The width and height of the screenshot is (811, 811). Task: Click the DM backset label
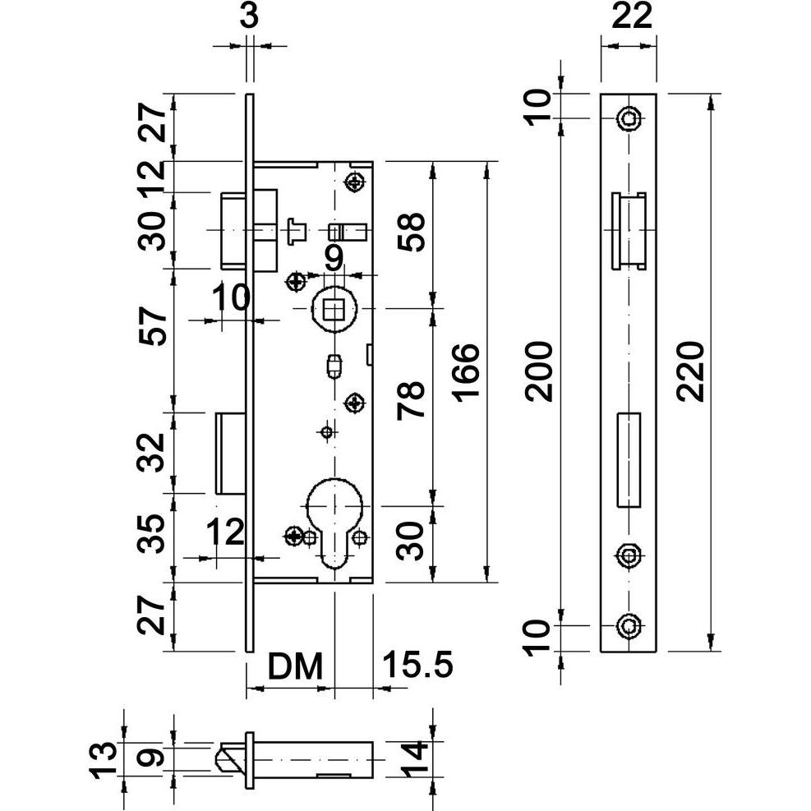click(293, 666)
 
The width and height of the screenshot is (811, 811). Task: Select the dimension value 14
click(417, 762)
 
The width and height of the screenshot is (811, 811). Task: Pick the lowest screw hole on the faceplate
click(629, 626)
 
